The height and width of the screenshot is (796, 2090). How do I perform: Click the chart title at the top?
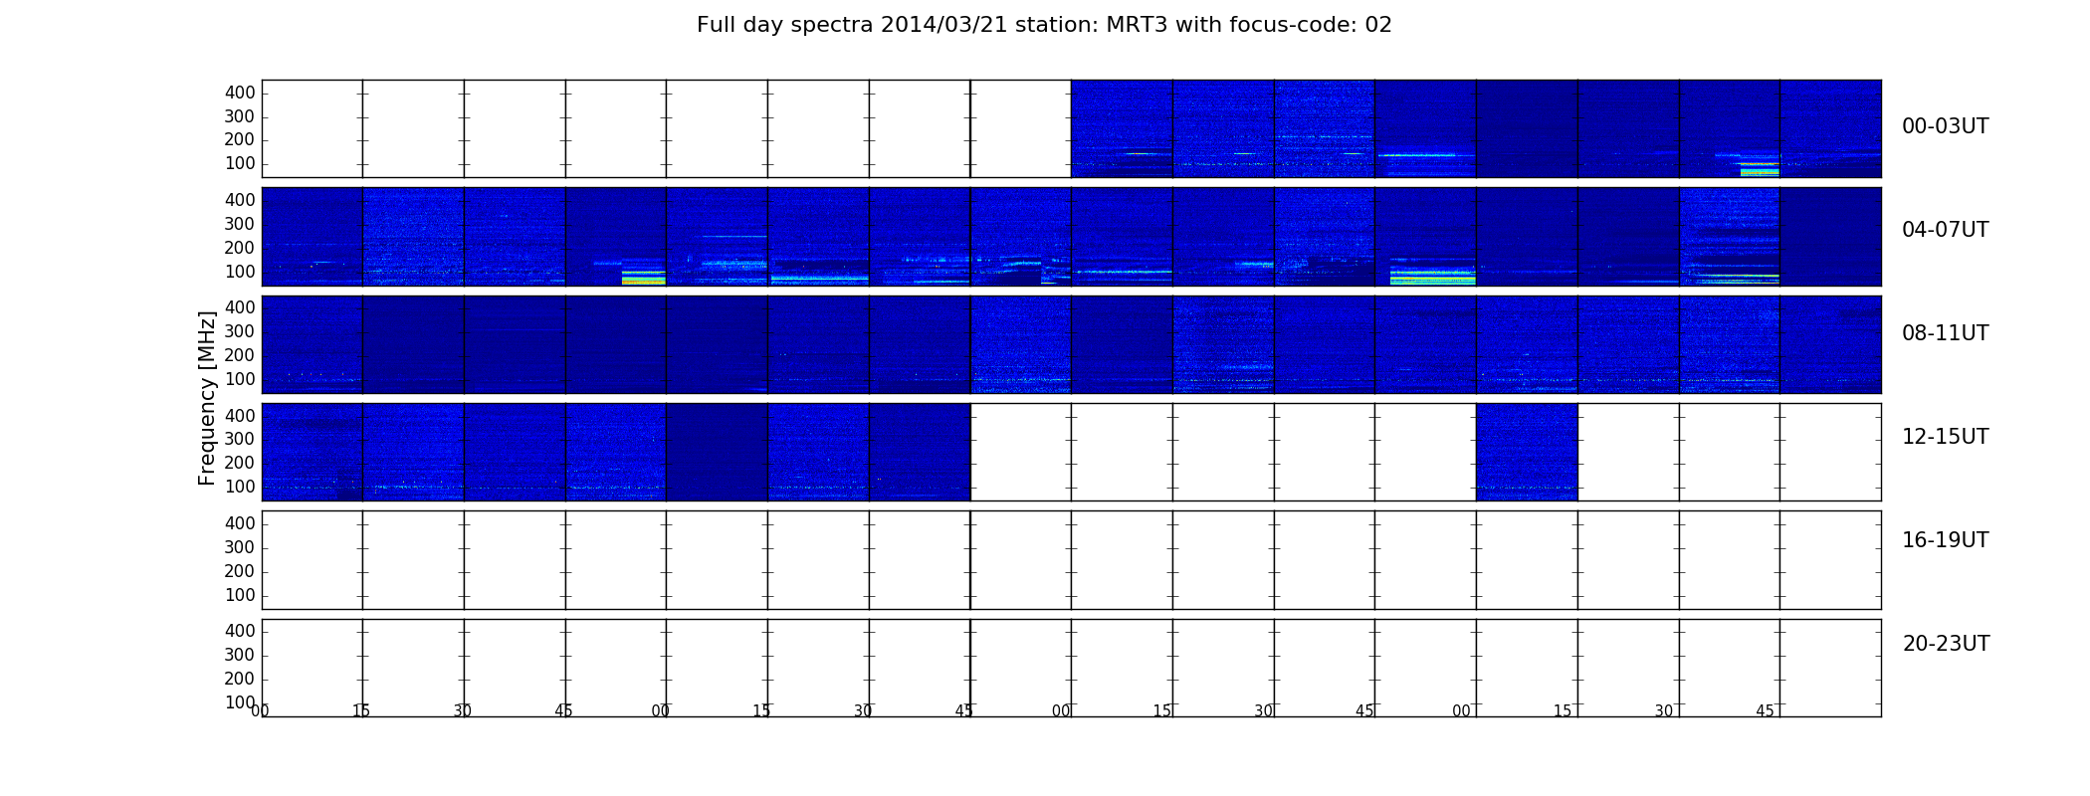[x=1044, y=25]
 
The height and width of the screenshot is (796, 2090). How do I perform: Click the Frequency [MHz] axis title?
[x=207, y=398]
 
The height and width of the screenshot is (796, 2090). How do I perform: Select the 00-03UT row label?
[x=1945, y=126]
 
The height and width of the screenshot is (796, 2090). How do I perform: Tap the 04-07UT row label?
[x=1945, y=230]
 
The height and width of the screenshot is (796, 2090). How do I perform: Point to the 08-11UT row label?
[x=1945, y=333]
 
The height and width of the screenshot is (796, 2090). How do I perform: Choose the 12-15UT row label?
[x=1945, y=437]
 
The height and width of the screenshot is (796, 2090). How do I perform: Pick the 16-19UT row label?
[x=1945, y=540]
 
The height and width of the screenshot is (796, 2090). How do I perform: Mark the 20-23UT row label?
[x=1946, y=644]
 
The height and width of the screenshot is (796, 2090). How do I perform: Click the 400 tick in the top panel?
[x=240, y=93]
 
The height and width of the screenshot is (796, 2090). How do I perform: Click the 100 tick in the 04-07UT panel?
[x=240, y=272]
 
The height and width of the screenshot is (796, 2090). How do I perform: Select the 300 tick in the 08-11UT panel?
[x=240, y=331]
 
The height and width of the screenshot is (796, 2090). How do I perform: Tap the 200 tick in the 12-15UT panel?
[x=240, y=463]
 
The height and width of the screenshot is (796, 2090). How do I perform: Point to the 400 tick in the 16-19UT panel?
[x=240, y=523]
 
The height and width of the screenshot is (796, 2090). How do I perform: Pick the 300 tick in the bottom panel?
[x=240, y=655]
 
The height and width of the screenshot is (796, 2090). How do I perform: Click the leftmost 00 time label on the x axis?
[x=261, y=710]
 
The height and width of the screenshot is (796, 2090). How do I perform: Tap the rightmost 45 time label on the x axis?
[x=1765, y=710]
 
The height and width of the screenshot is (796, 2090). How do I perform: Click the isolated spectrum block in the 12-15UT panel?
[x=1527, y=452]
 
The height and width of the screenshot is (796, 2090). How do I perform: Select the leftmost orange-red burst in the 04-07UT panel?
[x=643, y=281]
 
